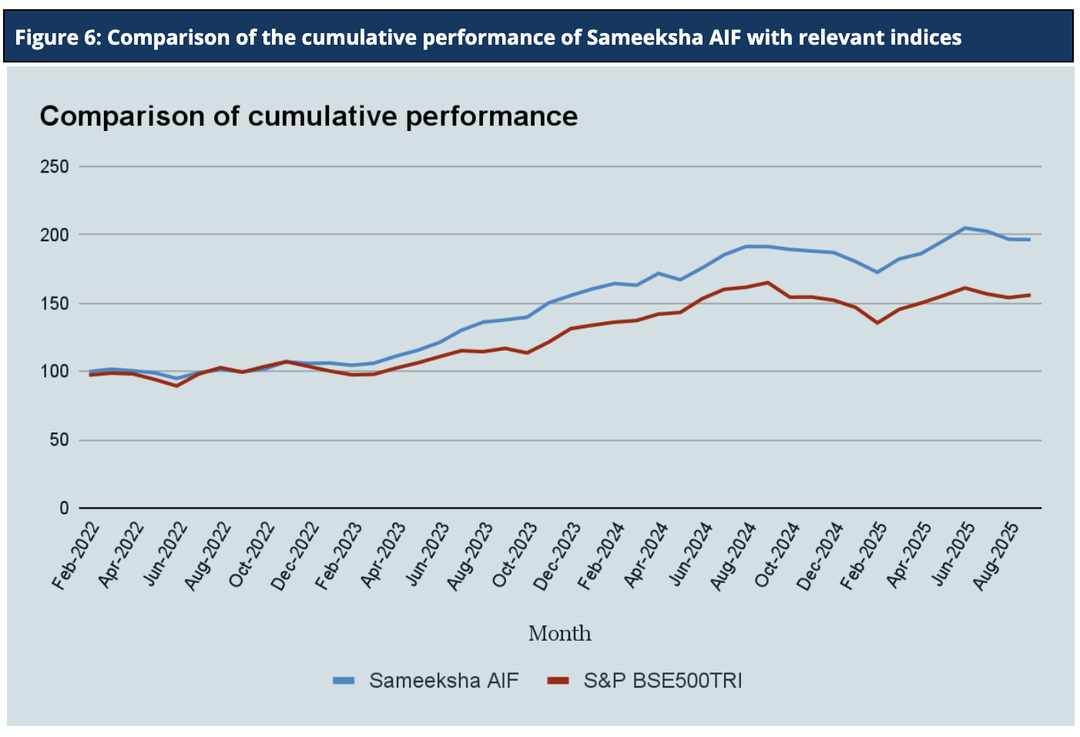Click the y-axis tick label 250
(x=55, y=167)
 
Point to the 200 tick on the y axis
(x=55, y=234)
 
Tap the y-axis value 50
(x=59, y=440)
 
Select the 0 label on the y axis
(x=64, y=508)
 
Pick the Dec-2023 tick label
(x=558, y=557)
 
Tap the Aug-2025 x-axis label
(x=996, y=557)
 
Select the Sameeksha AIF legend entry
(x=444, y=681)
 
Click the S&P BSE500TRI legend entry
(x=662, y=681)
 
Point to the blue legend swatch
(x=344, y=681)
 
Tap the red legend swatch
(x=558, y=681)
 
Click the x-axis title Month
(x=560, y=634)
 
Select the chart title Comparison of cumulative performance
(x=308, y=116)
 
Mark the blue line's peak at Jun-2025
(x=964, y=227)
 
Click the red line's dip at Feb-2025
(x=877, y=322)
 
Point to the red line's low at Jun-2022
(x=177, y=385)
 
